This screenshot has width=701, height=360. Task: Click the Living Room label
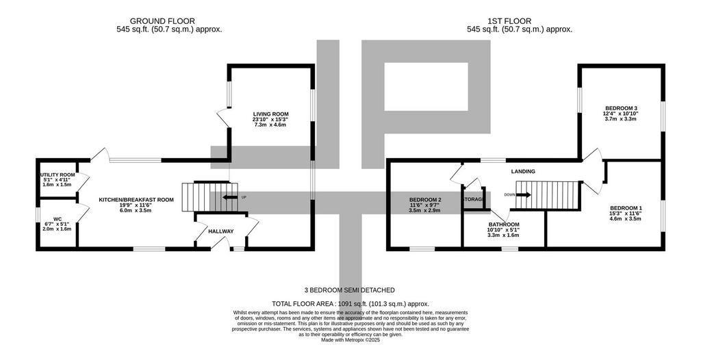pyautogui.click(x=270, y=114)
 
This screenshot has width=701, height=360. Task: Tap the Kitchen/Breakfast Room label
pyautogui.click(x=136, y=200)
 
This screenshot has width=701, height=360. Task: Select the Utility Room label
pyautogui.click(x=58, y=175)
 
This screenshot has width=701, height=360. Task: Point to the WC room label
pyautogui.click(x=58, y=219)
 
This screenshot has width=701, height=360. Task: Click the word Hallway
pyautogui.click(x=221, y=231)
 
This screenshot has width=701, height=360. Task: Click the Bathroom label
pyautogui.click(x=504, y=224)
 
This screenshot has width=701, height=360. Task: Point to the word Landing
pyautogui.click(x=523, y=171)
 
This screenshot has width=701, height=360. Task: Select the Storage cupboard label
pyautogui.click(x=473, y=199)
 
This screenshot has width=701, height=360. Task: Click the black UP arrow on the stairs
pyautogui.click(x=230, y=197)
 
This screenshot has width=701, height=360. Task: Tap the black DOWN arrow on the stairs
pyautogui.click(x=524, y=194)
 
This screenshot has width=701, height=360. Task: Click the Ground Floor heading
pyautogui.click(x=162, y=21)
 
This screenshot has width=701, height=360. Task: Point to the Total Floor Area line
pyautogui.click(x=350, y=303)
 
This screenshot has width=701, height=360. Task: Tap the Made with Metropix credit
pyautogui.click(x=350, y=340)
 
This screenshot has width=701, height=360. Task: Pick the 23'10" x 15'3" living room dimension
pyautogui.click(x=270, y=119)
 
